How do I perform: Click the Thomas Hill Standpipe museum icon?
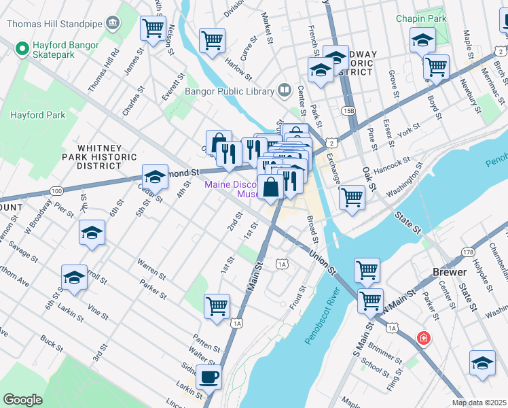point(113,23)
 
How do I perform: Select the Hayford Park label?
point(37,115)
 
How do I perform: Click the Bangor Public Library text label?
point(228,90)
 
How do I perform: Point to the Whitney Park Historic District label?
point(99,156)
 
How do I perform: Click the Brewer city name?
point(450,272)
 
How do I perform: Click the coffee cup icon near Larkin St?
point(208,375)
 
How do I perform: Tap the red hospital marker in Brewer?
point(424,338)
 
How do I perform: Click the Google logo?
point(22,400)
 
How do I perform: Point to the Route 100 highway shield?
point(56,190)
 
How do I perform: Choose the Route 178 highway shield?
point(467,253)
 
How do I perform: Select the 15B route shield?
point(348,110)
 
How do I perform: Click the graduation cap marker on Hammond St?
point(155,177)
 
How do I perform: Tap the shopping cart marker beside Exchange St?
point(352,197)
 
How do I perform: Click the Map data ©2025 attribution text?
point(478,403)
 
